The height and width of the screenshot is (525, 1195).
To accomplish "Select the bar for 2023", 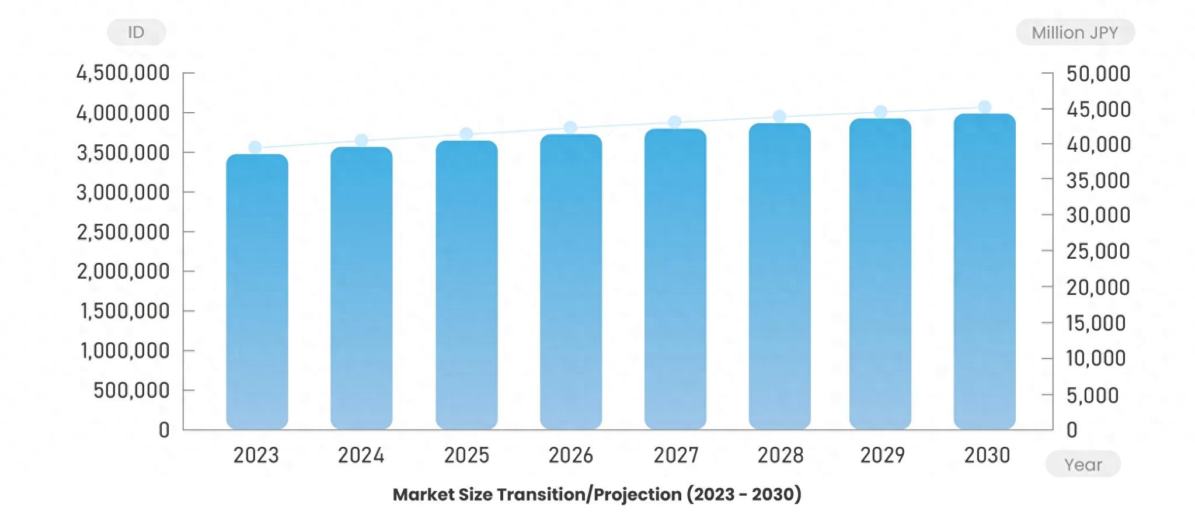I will coord(257,292).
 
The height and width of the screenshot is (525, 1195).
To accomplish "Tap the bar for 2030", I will coord(984,272).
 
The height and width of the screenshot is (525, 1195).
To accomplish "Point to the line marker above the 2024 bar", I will coord(361,140).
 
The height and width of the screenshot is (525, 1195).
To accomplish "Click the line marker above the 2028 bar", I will coord(779,117).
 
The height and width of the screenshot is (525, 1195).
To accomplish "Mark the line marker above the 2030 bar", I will coord(984,107).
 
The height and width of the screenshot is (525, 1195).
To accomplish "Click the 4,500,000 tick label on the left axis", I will coord(123,73).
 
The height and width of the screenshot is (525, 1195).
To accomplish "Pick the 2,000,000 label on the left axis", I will coord(123,271).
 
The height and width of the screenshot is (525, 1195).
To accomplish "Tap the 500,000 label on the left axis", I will coord(131,390).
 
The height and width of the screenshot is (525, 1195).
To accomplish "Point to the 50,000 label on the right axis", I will coord(1098,74).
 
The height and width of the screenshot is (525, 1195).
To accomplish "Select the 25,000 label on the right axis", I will coord(1098,251).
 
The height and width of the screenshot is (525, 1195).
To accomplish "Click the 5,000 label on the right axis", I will coord(1092,395).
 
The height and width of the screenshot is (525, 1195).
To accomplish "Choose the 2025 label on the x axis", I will coord(466,455).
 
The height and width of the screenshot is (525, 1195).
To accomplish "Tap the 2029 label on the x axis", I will coord(882,455).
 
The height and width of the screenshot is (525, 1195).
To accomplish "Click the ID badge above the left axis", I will coord(136,32).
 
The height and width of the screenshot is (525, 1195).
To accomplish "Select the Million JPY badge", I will coord(1075,32).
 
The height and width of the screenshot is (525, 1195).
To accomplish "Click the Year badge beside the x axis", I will coord(1083,464).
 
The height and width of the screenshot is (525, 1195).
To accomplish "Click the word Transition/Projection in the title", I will coord(589,495).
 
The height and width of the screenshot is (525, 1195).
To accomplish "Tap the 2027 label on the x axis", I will coord(675,455).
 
